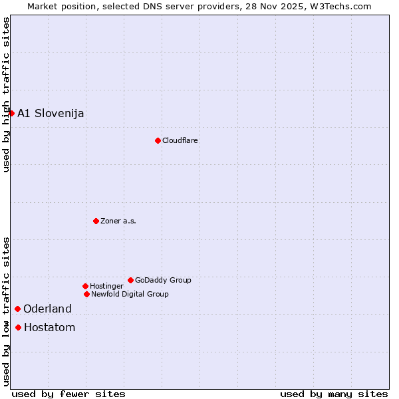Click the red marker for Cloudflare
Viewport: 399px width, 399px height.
tap(158, 140)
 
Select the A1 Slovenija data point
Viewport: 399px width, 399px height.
tap(11, 113)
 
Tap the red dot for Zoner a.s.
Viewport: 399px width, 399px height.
tap(96, 221)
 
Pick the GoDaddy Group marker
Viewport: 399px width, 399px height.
tap(130, 280)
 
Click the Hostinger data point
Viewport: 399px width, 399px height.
tap(85, 286)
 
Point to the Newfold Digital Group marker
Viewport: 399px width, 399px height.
tap(86, 294)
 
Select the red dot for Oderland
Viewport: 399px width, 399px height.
tap(17, 309)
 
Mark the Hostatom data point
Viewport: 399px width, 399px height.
tap(18, 327)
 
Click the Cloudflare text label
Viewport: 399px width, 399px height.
tap(180, 140)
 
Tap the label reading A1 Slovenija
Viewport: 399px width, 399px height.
tap(51, 113)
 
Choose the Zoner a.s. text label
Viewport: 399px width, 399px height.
tap(118, 221)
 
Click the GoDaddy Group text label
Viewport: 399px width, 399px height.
tap(163, 280)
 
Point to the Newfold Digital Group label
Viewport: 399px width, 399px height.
tap(130, 294)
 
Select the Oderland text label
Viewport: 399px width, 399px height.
tap(47, 309)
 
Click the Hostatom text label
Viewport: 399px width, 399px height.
tap(49, 327)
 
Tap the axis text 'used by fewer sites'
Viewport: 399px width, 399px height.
tap(68, 394)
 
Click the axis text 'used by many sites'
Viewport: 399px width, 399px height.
tap(334, 394)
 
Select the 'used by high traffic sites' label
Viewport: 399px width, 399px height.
tap(6, 94)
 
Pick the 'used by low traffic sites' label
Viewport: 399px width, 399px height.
tap(6, 311)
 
